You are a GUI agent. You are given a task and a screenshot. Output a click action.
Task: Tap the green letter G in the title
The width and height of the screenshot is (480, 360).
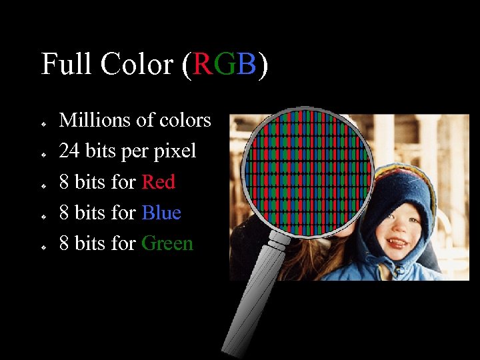[x=224, y=65]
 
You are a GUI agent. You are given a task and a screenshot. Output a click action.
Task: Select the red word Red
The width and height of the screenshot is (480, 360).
[x=159, y=182]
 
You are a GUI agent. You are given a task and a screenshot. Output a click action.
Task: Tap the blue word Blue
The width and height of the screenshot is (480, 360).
[x=161, y=213]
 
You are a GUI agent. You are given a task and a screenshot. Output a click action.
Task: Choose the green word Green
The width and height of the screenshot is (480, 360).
[x=167, y=243]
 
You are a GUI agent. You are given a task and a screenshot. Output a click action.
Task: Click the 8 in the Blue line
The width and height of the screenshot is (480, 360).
[x=64, y=213]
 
